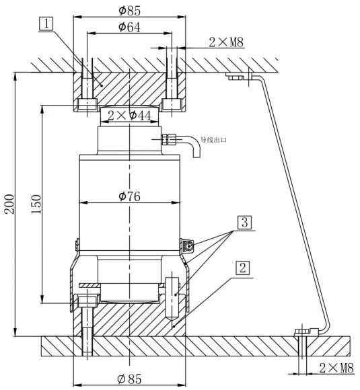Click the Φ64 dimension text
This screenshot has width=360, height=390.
pyautogui.click(x=129, y=27)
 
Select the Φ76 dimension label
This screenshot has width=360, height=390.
pyautogui.click(x=129, y=196)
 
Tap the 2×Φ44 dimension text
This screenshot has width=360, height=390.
pyautogui.click(x=129, y=116)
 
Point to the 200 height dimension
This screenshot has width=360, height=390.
pyautogui.click(x=9, y=204)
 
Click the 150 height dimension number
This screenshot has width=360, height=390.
pyautogui.click(x=36, y=204)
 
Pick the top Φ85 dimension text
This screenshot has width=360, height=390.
pyautogui.click(x=129, y=10)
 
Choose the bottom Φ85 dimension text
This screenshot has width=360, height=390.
pyautogui.click(x=129, y=379)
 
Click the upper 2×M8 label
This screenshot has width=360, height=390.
pyautogui.click(x=226, y=42)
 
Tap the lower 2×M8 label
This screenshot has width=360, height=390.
pyautogui.click(x=336, y=368)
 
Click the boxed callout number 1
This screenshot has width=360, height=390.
pyautogui.click(x=46, y=24)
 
